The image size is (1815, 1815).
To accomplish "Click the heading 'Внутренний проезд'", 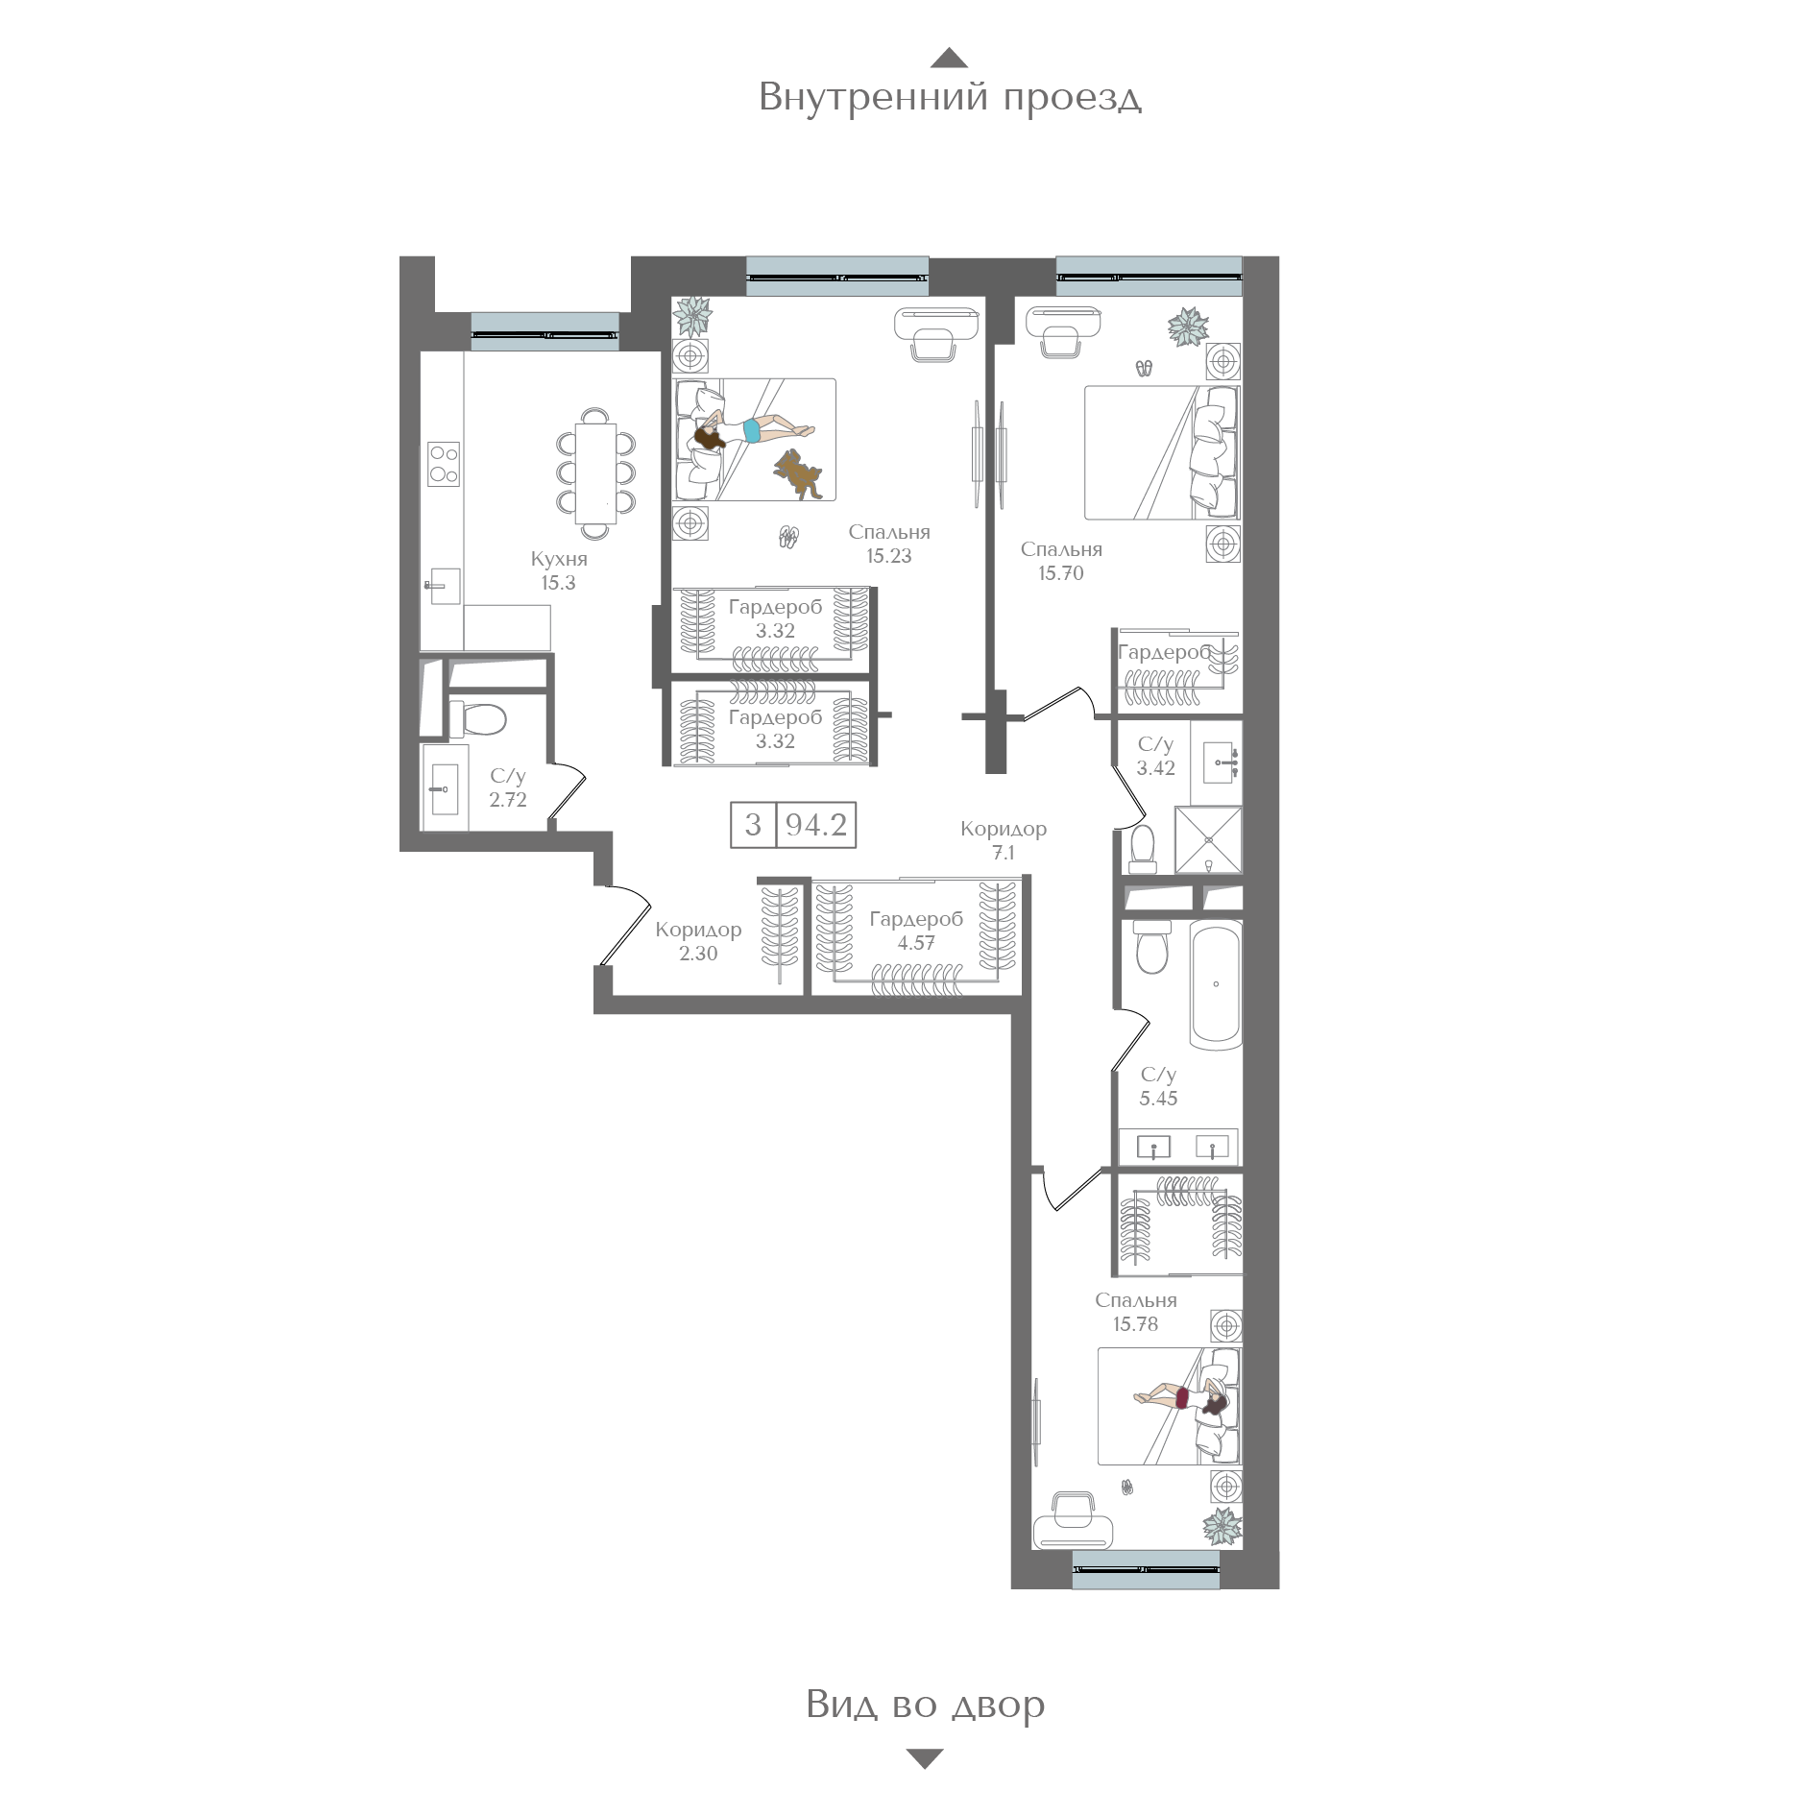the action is click(x=950, y=98).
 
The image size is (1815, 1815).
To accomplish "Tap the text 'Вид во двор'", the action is click(x=926, y=1705).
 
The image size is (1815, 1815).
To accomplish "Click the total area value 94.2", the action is click(x=816, y=824).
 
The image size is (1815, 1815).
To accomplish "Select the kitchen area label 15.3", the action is click(x=558, y=583).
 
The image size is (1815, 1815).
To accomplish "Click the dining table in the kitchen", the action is click(x=596, y=473).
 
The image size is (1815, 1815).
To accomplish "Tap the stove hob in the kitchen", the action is click(x=443, y=464).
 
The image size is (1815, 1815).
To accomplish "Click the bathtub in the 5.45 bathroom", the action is click(x=1216, y=984).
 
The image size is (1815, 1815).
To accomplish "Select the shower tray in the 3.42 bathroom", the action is click(x=1208, y=840).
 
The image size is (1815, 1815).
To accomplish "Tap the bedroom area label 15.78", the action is click(x=1135, y=1324).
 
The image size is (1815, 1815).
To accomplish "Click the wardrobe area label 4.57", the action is click(x=916, y=943).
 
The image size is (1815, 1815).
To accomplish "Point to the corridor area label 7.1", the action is click(x=1004, y=853).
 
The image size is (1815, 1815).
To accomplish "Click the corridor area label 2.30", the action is click(x=698, y=954).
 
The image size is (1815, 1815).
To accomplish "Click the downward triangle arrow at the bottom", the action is click(x=925, y=1759).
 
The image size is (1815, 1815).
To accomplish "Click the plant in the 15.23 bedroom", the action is click(x=691, y=315).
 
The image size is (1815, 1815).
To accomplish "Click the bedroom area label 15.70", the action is click(x=1061, y=573).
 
